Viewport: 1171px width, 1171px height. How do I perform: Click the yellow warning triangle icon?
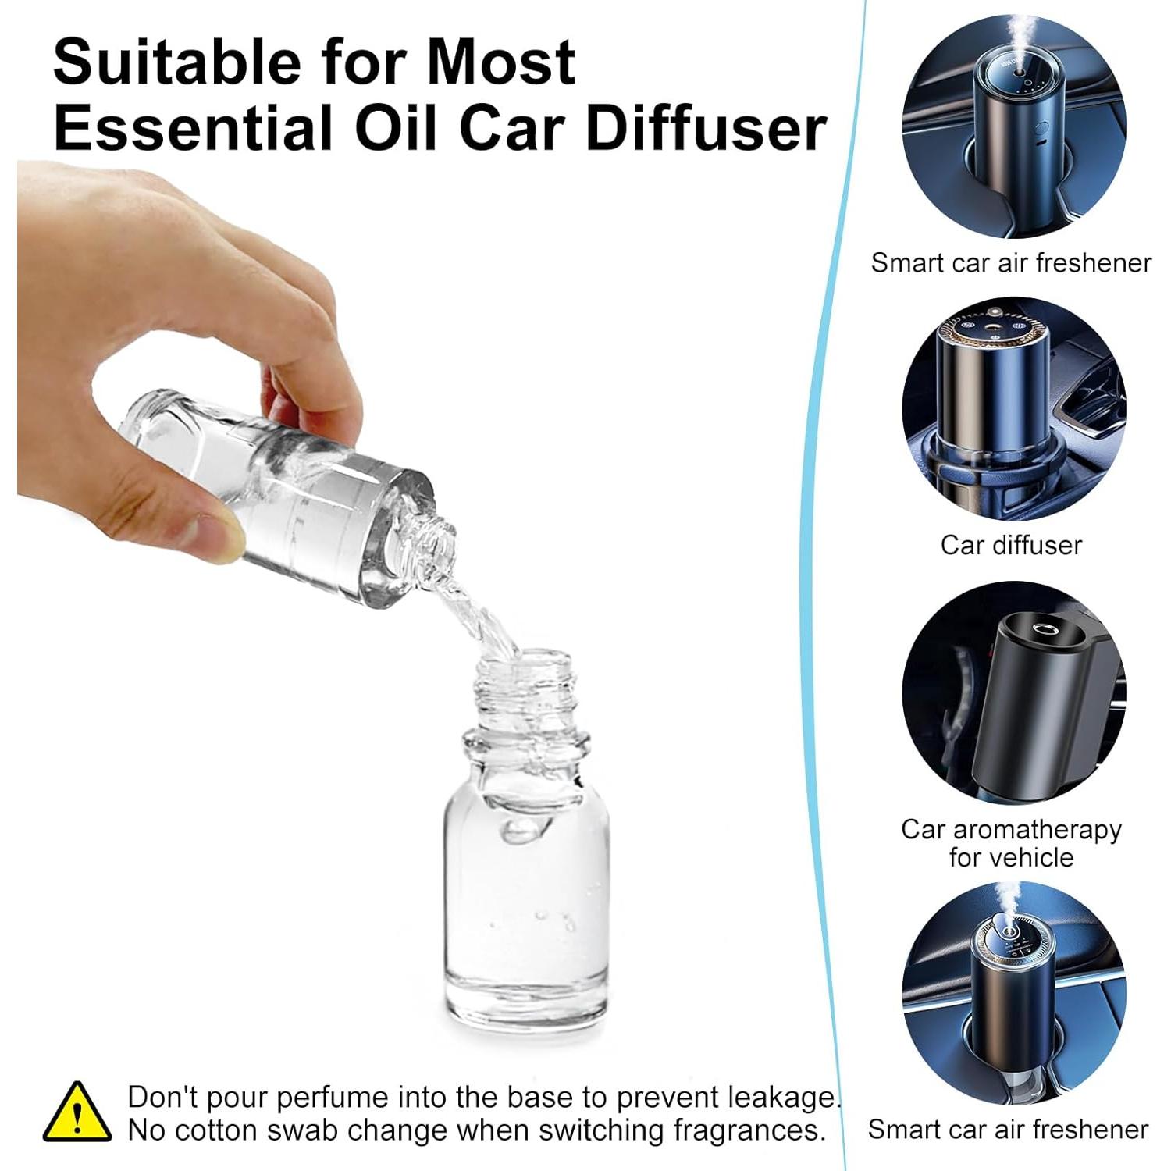click(77, 1113)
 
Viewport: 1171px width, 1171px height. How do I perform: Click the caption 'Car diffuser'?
click(1011, 545)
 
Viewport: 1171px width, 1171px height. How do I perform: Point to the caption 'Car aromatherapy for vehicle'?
click(1011, 843)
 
